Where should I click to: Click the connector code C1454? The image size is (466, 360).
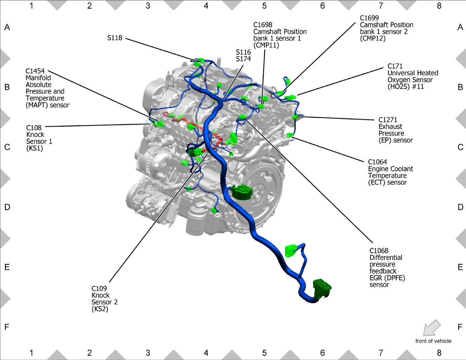35,71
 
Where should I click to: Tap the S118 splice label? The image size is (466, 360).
115,38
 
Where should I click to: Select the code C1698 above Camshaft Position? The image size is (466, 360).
263,24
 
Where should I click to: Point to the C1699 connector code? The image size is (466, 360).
369,18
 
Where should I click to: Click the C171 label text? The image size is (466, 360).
395,66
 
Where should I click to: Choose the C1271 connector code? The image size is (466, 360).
388,120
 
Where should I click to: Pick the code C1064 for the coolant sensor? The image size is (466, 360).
377,162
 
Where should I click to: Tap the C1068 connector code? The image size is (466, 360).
379,250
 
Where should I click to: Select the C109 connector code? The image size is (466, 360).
99,289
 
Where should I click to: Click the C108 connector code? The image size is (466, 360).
34,128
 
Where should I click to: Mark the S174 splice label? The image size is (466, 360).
243,59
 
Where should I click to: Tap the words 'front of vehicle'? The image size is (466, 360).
433,341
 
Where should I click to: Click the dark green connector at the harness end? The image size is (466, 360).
322,288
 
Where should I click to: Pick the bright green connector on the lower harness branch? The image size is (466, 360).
290,250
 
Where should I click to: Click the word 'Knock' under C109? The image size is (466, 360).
100,295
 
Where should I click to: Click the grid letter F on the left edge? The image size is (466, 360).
7,327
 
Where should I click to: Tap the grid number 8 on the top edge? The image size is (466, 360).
439,6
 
